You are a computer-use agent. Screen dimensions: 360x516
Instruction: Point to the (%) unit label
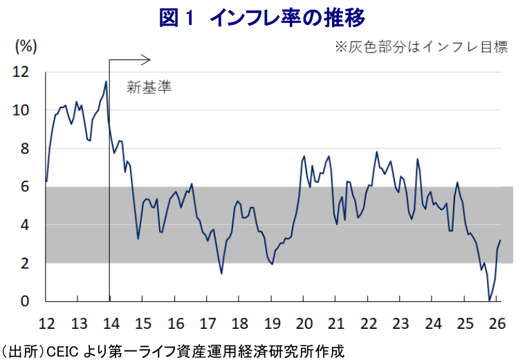tap(26, 47)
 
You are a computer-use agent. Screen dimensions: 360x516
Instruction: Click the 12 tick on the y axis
tap(21, 72)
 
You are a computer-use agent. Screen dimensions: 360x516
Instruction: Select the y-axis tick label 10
tap(21, 110)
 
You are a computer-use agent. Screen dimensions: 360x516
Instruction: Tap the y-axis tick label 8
tap(26, 148)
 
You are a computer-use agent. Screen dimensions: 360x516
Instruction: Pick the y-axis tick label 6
tap(26, 187)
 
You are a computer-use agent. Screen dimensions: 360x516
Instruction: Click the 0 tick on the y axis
tap(26, 301)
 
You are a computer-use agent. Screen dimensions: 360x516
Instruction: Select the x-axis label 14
tap(111, 324)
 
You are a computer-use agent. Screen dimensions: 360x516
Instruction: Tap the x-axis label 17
tap(208, 324)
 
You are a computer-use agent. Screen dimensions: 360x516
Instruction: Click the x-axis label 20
tap(304, 324)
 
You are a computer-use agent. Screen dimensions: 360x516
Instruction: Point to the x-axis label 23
tap(400, 324)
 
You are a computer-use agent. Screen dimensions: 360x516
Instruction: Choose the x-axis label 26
tap(497, 324)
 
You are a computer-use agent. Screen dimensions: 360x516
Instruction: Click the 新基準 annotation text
tap(148, 87)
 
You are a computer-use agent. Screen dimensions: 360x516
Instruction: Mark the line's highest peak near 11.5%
tap(106, 82)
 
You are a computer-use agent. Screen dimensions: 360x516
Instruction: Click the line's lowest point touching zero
tap(490, 300)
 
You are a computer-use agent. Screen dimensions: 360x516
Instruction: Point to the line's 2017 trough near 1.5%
tap(221, 273)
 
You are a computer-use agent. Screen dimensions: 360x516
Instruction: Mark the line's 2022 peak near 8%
tap(377, 152)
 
